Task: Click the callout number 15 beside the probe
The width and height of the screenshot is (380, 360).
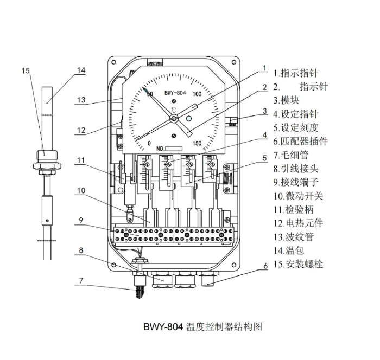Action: pos(26,71)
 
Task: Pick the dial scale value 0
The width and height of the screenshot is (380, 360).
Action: pos(149,143)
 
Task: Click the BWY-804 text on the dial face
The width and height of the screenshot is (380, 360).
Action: pos(175,93)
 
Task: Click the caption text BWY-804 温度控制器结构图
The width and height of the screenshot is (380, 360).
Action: pos(202,327)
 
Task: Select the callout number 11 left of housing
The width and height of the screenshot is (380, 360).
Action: pos(80,160)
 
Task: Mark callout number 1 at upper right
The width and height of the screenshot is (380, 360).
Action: pos(264,69)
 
